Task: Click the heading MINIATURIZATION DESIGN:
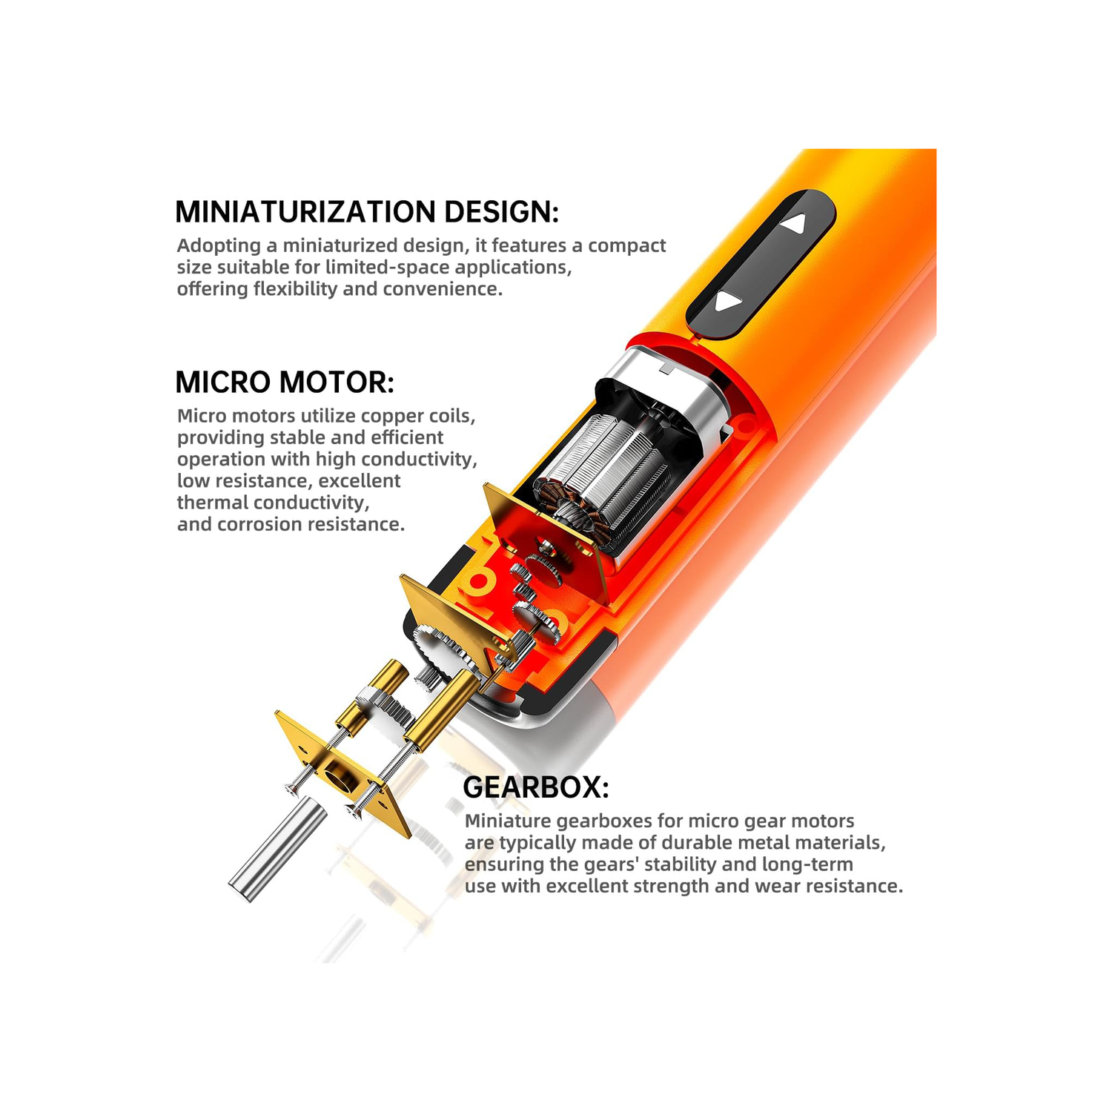(367, 212)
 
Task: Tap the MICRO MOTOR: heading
(285, 383)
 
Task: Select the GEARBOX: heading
(536, 787)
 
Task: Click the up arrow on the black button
(795, 223)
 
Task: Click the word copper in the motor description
(394, 417)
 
